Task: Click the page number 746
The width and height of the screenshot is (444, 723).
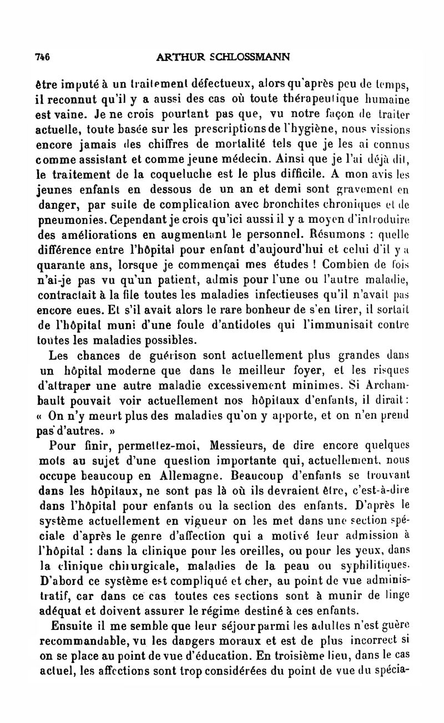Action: tap(43, 57)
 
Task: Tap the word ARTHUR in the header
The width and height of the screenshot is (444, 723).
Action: tap(178, 57)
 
